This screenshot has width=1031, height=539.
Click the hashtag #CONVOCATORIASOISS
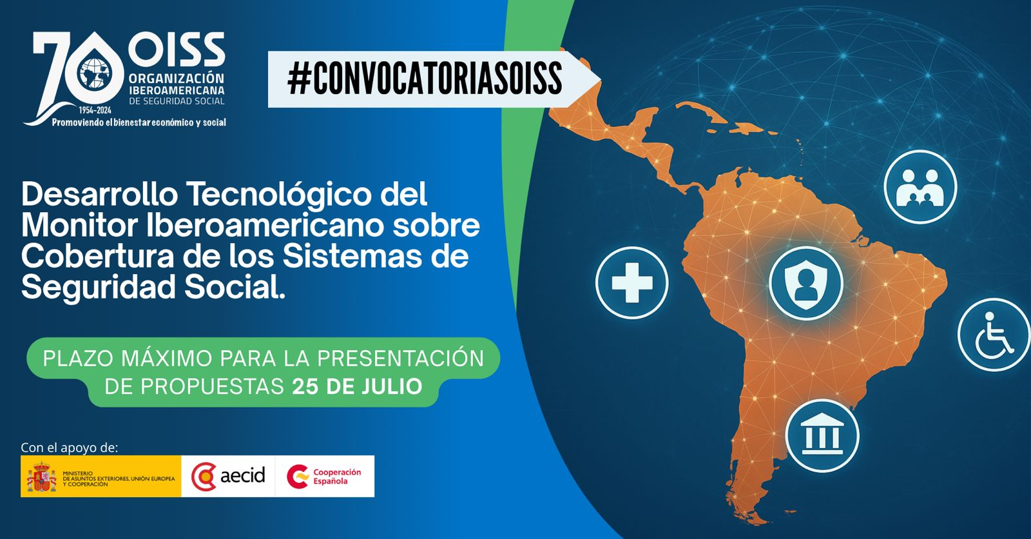click(x=425, y=79)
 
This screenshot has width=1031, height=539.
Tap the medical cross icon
click(x=632, y=282)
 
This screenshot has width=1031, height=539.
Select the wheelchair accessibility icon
click(x=994, y=335)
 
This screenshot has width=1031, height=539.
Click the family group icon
click(x=920, y=187)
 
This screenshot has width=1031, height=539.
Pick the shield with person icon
click(x=806, y=283)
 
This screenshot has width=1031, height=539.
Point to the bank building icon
click(x=822, y=436)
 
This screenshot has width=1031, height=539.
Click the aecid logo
click(x=228, y=476)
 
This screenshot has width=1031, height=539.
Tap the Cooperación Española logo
click(x=324, y=476)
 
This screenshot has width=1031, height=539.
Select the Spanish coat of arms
click(x=41, y=476)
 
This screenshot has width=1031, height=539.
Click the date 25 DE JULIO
click(x=357, y=386)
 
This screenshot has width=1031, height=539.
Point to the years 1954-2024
click(x=95, y=110)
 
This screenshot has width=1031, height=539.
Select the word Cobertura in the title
click(x=97, y=257)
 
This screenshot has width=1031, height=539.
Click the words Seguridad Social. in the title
click(x=153, y=288)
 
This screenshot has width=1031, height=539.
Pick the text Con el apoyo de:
click(x=70, y=448)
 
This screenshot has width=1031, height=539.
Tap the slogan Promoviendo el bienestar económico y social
click(x=139, y=122)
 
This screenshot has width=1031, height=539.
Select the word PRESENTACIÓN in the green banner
click(x=400, y=359)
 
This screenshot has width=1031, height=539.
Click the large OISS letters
click(x=177, y=49)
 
